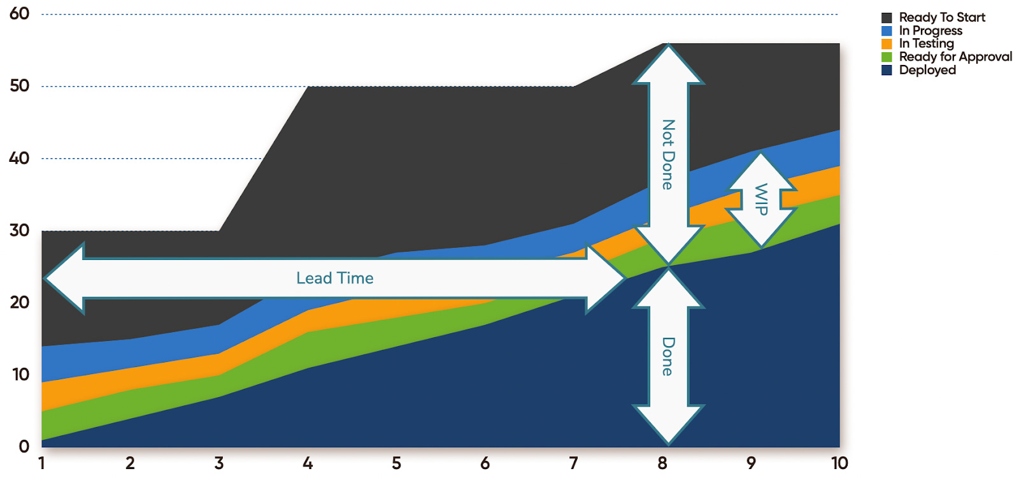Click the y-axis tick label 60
click(x=19, y=13)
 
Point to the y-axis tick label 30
click(x=19, y=230)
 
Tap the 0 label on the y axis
click(x=24, y=446)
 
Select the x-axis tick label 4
click(x=308, y=463)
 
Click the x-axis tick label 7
click(x=573, y=463)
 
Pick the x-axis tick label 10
click(x=839, y=463)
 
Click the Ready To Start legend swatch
click(x=887, y=18)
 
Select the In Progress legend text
click(x=930, y=31)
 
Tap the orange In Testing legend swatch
click(x=887, y=44)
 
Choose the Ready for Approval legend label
click(x=955, y=57)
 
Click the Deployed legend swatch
click(x=887, y=70)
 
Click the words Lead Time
click(x=335, y=278)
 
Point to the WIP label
click(x=761, y=199)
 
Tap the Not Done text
click(x=668, y=154)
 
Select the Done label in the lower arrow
click(x=668, y=356)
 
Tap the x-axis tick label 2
click(x=130, y=463)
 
